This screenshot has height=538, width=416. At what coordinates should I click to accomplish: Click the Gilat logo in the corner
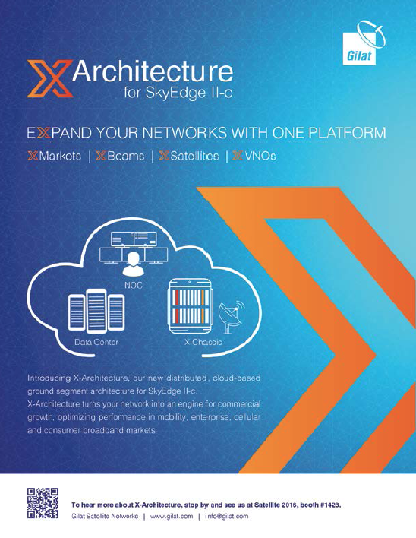tap(363, 43)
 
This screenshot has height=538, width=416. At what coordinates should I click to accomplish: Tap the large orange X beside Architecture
tap(50, 78)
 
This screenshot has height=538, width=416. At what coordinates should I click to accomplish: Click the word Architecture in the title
tap(153, 71)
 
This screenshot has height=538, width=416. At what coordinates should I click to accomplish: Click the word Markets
tap(60, 156)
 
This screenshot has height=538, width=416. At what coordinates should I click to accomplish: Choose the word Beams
tap(126, 156)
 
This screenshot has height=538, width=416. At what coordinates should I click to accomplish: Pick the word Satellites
tap(194, 156)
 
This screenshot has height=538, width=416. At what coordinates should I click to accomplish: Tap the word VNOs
tap(260, 156)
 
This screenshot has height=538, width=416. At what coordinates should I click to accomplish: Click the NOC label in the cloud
tap(134, 286)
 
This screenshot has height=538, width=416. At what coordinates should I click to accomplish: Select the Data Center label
tap(96, 342)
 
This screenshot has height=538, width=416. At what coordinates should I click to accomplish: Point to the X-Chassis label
tap(203, 342)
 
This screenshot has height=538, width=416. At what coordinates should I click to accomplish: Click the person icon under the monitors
tap(134, 265)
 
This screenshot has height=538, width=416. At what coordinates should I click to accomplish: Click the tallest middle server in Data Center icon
tap(96, 312)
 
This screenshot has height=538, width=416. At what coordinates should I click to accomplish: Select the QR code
tap(43, 503)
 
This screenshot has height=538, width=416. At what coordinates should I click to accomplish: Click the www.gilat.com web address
tap(172, 516)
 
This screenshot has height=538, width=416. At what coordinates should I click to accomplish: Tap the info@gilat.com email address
tap(226, 516)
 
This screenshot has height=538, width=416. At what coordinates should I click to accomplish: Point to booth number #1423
tap(330, 505)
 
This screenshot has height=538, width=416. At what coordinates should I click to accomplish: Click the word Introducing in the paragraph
tap(49, 378)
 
